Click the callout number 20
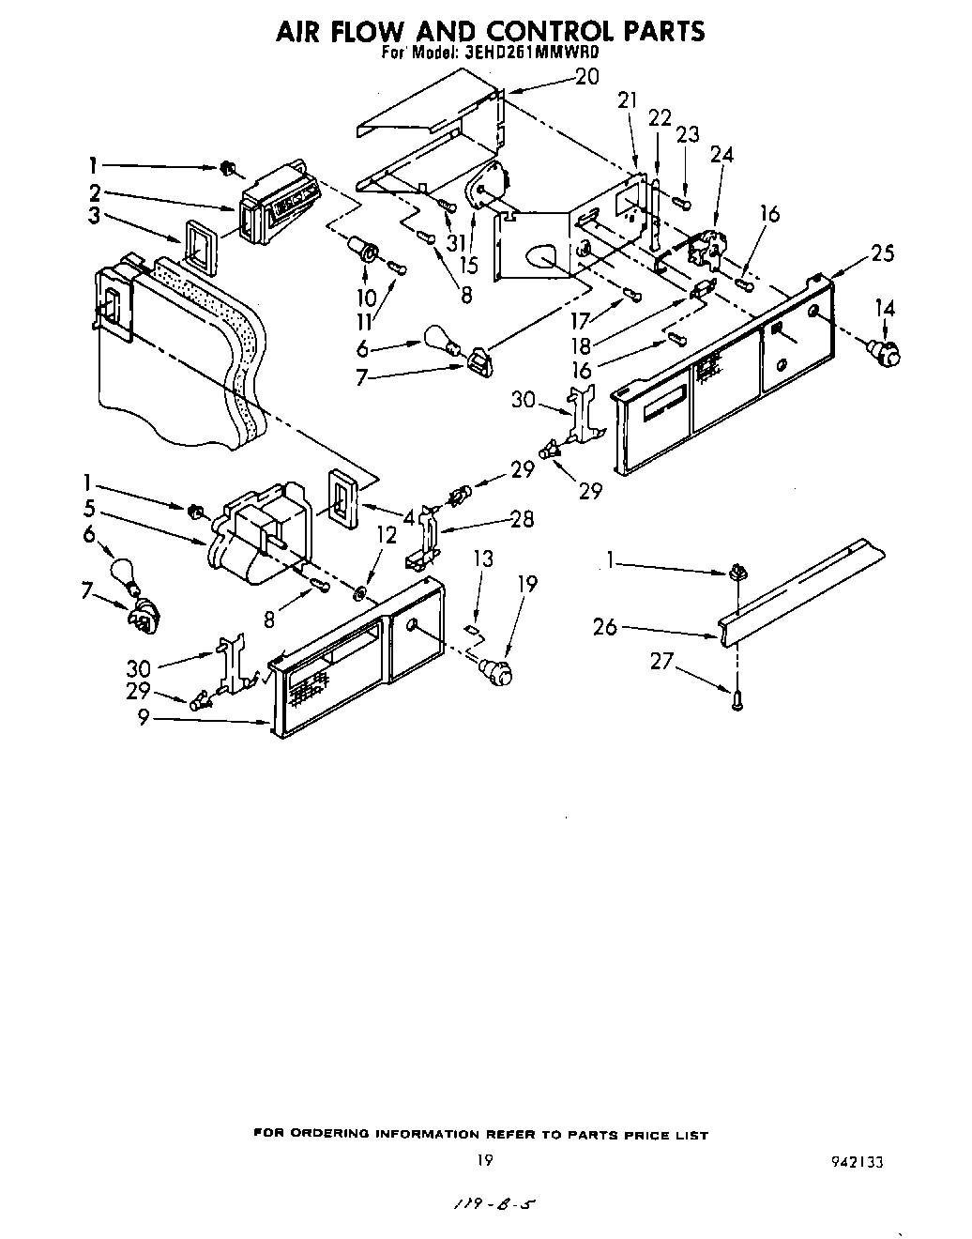[586, 78]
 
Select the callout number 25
[882, 252]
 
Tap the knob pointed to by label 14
[885, 353]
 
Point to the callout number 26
[605, 626]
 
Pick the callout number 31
[456, 243]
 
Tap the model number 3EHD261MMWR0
[531, 54]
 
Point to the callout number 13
[482, 559]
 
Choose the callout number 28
[522, 518]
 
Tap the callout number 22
[660, 117]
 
